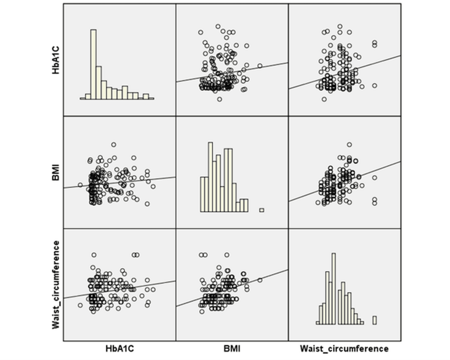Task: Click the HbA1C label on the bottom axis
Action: point(120,349)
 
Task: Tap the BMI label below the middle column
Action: point(232,349)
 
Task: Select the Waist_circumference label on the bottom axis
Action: point(344,349)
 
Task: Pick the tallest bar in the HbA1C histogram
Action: point(94,64)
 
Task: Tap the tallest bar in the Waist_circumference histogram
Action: point(334,288)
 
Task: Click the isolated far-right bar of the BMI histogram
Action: point(262,210)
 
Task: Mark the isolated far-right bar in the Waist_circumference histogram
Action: point(375,320)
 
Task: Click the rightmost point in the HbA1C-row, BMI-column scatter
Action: point(260,66)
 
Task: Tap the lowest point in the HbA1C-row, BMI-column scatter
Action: point(220,99)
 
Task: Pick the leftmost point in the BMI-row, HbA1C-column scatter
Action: point(80,185)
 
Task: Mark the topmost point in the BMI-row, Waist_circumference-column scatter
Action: point(350,145)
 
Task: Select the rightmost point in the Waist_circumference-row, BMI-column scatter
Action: point(260,280)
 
